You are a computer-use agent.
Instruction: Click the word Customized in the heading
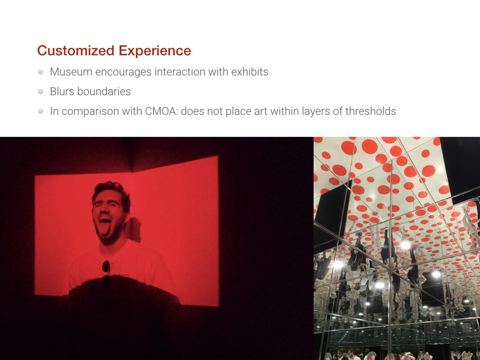pyautogui.click(x=76, y=51)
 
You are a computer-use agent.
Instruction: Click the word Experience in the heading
pyautogui.click(x=155, y=51)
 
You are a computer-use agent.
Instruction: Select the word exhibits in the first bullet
pyautogui.click(x=250, y=72)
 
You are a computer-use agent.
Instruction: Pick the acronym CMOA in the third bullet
pyautogui.click(x=161, y=111)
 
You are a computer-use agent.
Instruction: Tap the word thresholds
pyautogui.click(x=371, y=111)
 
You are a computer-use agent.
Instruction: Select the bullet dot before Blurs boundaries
pyautogui.click(x=40, y=91)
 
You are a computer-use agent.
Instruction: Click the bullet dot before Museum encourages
pyautogui.click(x=40, y=72)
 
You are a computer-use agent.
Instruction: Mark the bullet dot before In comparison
pyautogui.click(x=40, y=111)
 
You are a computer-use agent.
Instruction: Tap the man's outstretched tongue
pyautogui.click(x=105, y=228)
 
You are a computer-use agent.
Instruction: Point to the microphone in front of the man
pyautogui.click(x=106, y=267)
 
